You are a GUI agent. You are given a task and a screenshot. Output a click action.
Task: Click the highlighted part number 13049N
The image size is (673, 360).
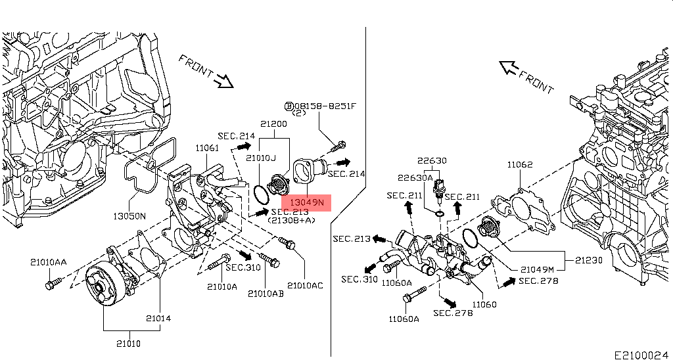click(306, 202)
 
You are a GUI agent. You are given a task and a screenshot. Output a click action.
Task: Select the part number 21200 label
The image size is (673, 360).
click(273, 124)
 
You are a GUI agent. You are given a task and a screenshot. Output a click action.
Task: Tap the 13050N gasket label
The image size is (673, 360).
click(129, 216)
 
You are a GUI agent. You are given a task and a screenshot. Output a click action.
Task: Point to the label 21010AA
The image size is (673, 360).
click(48, 262)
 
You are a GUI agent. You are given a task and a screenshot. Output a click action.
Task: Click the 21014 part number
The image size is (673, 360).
click(158, 319)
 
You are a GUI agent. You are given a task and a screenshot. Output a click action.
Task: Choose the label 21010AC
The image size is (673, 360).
click(305, 286)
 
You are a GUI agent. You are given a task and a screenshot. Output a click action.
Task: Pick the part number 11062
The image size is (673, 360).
click(520, 164)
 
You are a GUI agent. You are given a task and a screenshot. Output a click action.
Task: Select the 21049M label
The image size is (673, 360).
click(537, 270)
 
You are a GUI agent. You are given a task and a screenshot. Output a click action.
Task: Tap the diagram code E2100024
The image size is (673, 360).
click(641, 355)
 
